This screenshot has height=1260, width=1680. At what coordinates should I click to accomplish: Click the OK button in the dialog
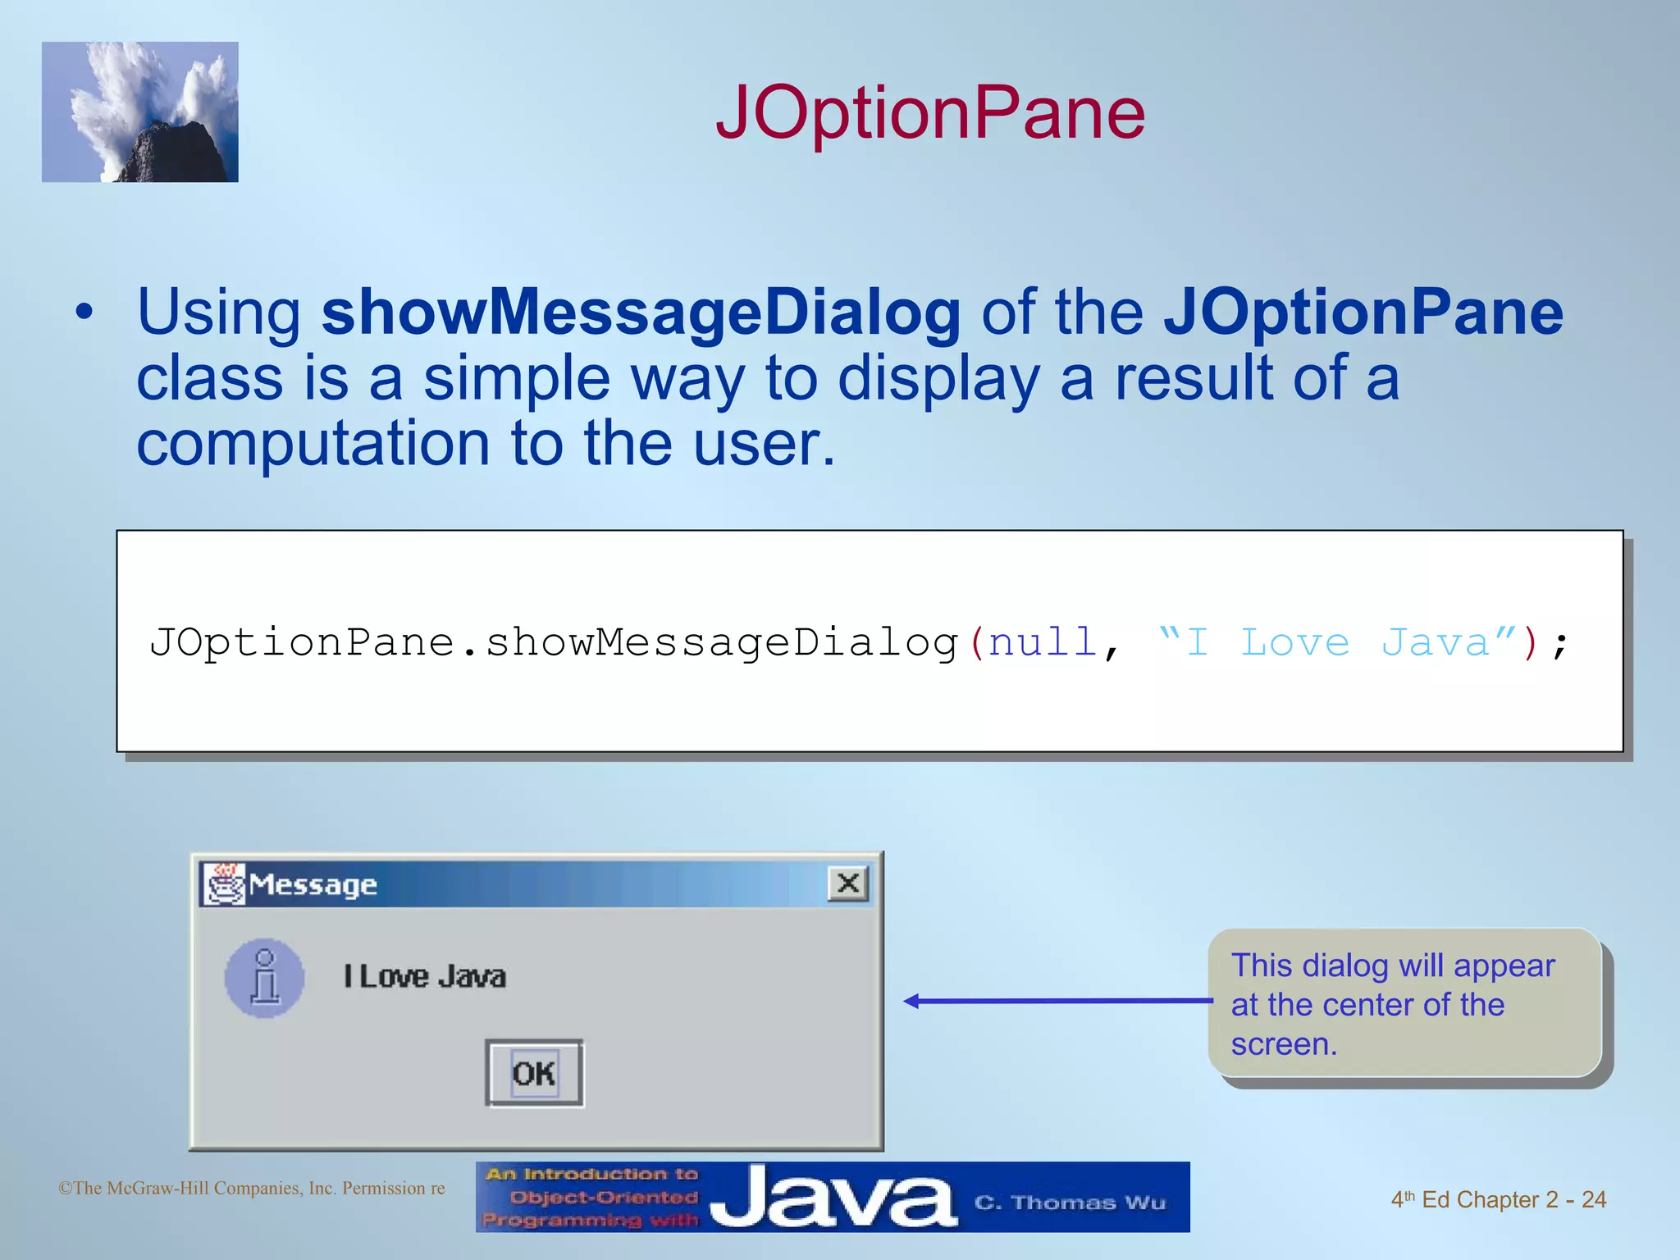(534, 1073)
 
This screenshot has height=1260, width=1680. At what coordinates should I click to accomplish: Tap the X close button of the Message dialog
(848, 883)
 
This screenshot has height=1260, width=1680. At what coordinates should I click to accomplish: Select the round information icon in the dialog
(264, 978)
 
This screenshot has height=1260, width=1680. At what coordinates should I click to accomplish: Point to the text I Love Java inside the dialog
(424, 977)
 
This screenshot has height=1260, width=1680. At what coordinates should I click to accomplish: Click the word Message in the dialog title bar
(313, 885)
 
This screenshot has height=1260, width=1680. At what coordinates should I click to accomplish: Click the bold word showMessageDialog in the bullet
(641, 313)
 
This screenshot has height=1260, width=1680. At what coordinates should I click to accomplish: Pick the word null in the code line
(1043, 642)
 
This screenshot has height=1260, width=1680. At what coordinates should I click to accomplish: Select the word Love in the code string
(1294, 642)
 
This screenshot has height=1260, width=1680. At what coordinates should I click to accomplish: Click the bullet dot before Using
(84, 313)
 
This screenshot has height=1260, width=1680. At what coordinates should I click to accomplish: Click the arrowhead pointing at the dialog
(911, 1001)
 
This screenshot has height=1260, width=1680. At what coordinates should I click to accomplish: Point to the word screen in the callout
(1283, 1044)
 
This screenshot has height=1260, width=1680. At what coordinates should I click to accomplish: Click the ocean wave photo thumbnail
(140, 112)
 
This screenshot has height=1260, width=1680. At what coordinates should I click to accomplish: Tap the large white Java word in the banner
(832, 1198)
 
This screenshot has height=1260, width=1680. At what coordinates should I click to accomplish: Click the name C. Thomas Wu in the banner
(1070, 1203)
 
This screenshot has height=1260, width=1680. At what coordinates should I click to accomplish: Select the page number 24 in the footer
(1593, 1200)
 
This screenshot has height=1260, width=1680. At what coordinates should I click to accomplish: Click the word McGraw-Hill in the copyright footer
(205, 1189)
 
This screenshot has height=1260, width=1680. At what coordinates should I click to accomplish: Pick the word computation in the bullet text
(313, 444)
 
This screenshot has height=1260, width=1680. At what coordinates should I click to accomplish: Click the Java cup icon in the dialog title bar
(224, 883)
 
